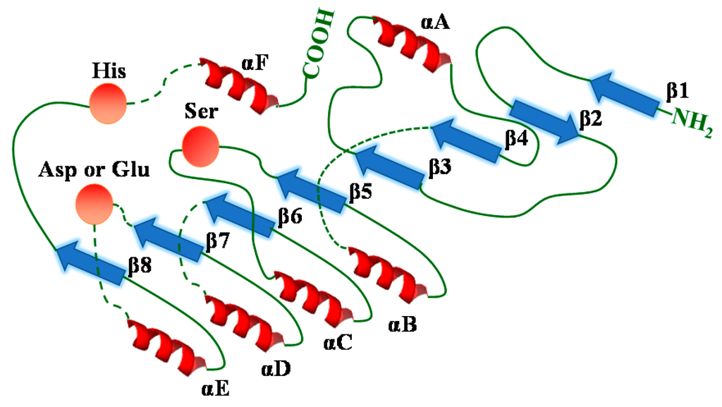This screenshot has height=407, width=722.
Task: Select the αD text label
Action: (x=276, y=367)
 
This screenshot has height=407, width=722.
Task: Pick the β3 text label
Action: (x=441, y=168)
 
